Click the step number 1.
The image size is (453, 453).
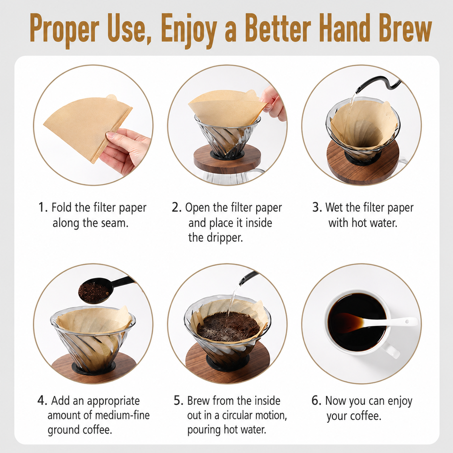[x=42, y=207]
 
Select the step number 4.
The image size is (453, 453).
[x=42, y=401]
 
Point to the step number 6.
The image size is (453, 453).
[x=316, y=401]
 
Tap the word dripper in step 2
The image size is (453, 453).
[x=225, y=238]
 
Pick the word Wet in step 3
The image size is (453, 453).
[x=334, y=207]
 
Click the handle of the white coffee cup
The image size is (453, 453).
[x=392, y=351]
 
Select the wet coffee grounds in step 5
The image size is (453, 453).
[x=229, y=326]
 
